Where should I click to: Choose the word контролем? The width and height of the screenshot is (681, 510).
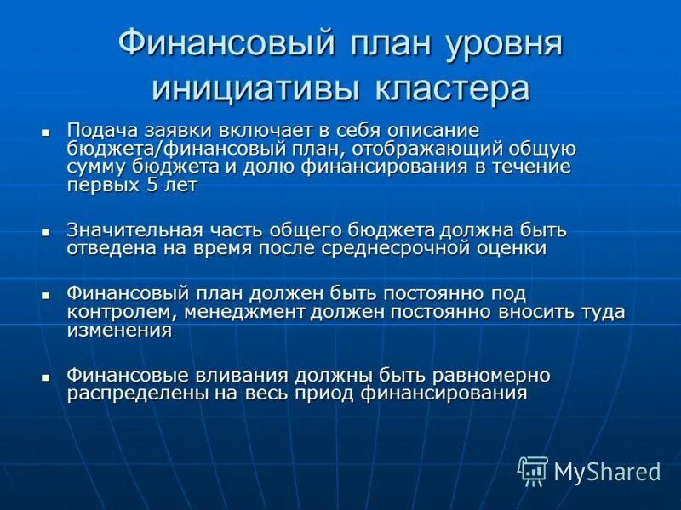point(115,312)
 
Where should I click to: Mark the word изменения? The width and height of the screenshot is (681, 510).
point(119,331)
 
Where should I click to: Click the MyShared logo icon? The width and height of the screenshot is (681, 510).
point(533,470)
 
